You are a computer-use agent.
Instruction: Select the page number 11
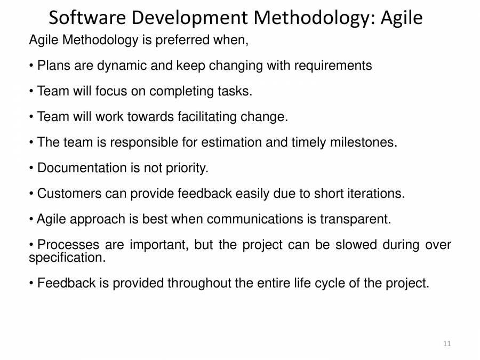447,343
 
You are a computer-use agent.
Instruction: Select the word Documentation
81,168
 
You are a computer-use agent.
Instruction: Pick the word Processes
68,245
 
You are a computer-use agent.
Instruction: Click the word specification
67,258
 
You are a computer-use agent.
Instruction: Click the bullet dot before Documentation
31,169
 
